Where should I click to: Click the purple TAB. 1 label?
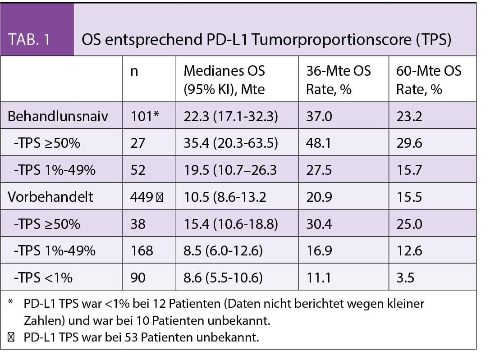click(x=29, y=40)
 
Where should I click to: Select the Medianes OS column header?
click(x=224, y=80)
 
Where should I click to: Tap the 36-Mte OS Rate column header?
click(x=338, y=80)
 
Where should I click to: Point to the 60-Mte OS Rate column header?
click(x=429, y=80)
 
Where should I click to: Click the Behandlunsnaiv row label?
click(x=58, y=117)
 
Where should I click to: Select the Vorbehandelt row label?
click(x=50, y=197)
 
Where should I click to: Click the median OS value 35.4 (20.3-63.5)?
click(x=230, y=143)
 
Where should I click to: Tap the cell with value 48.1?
click(x=319, y=143)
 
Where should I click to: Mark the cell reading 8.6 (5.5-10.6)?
click(x=223, y=277)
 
